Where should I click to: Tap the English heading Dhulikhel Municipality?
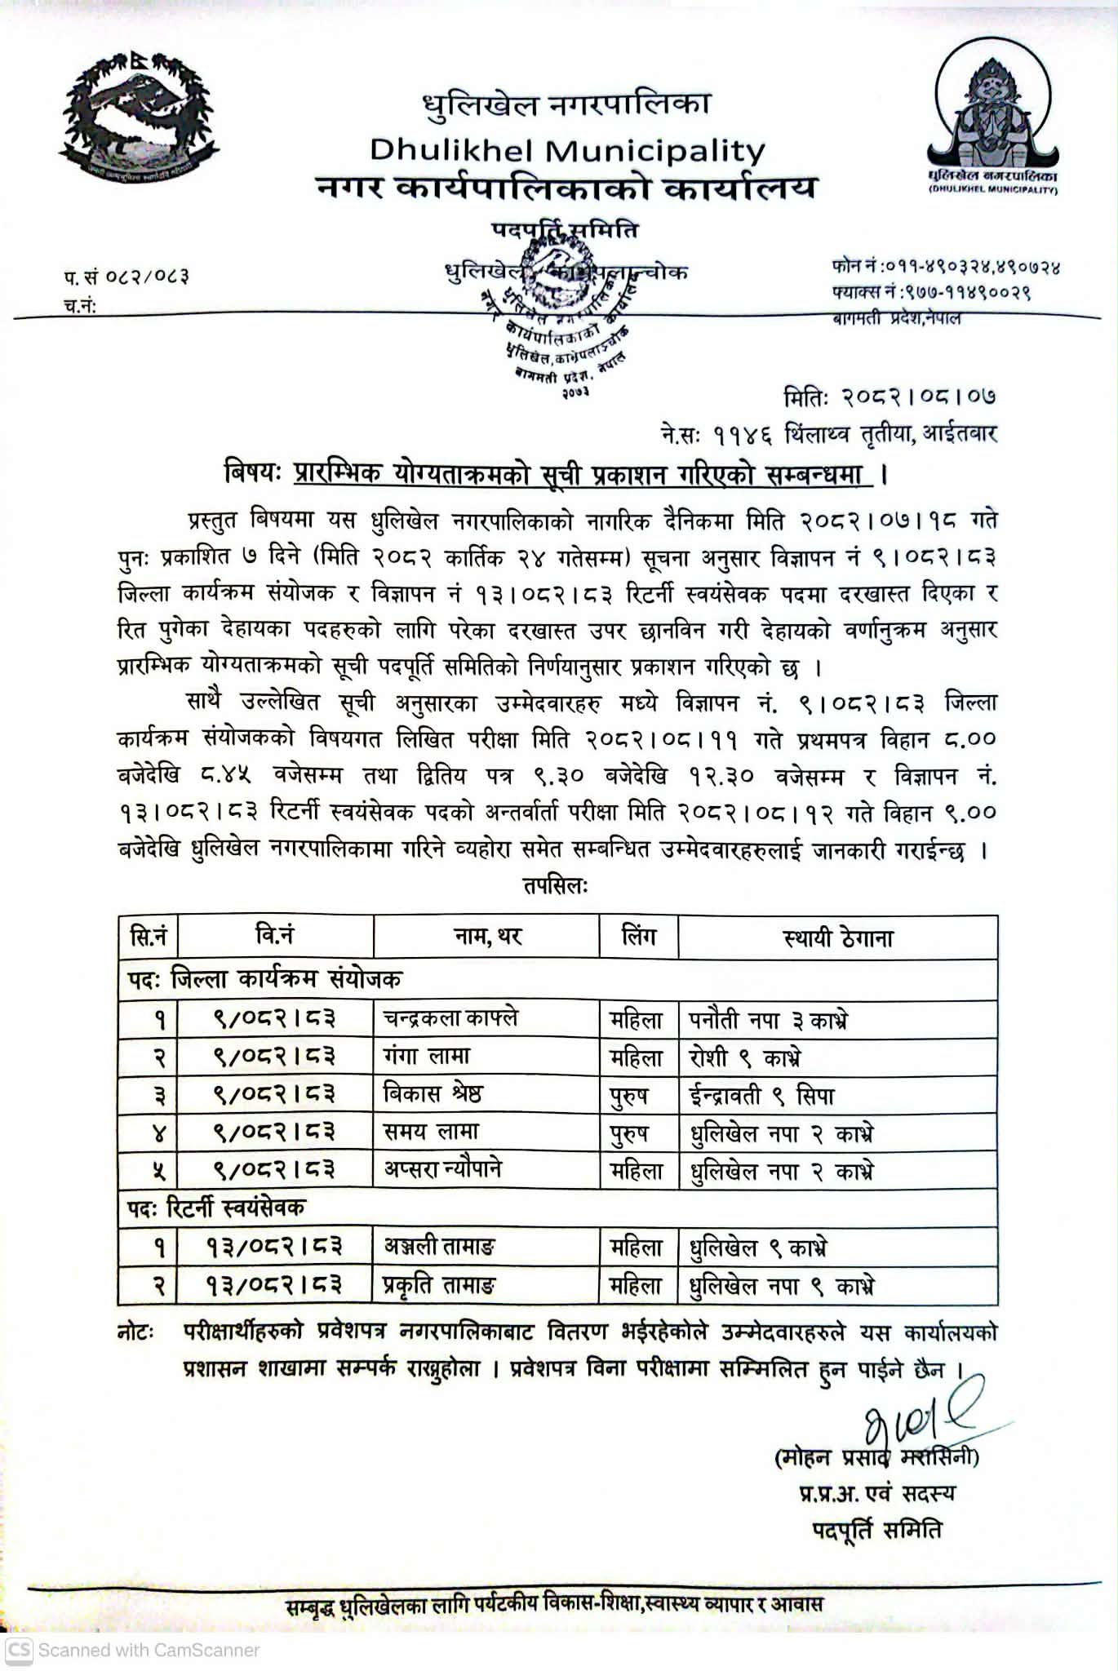[567, 150]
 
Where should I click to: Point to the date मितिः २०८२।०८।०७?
[890, 397]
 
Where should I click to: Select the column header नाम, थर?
[487, 937]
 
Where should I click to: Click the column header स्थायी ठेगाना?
[837, 937]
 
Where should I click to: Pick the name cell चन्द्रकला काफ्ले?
[450, 1018]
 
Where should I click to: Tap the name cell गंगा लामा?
[427, 1057]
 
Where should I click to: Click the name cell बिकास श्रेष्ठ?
[433, 1094]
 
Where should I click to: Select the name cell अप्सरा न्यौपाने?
[443, 1169]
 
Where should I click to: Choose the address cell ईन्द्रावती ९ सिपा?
[762, 1095]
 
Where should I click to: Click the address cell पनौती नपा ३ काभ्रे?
[768, 1020]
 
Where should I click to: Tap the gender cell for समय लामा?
[629, 1132]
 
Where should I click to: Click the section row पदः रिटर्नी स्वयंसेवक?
[217, 1208]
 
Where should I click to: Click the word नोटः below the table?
[135, 1332]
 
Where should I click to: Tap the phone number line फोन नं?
[946, 267]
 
